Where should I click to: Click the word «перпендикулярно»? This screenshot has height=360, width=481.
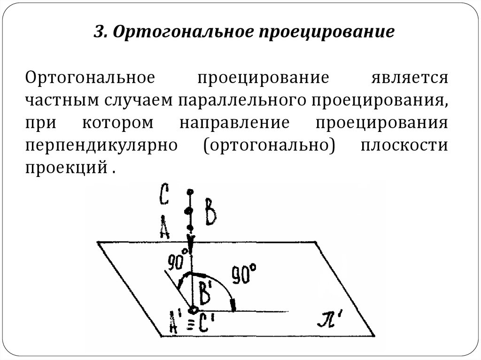click(101, 145)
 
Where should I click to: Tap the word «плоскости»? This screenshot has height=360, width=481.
click(404, 145)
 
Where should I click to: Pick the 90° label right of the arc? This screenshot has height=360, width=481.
click(244, 276)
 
